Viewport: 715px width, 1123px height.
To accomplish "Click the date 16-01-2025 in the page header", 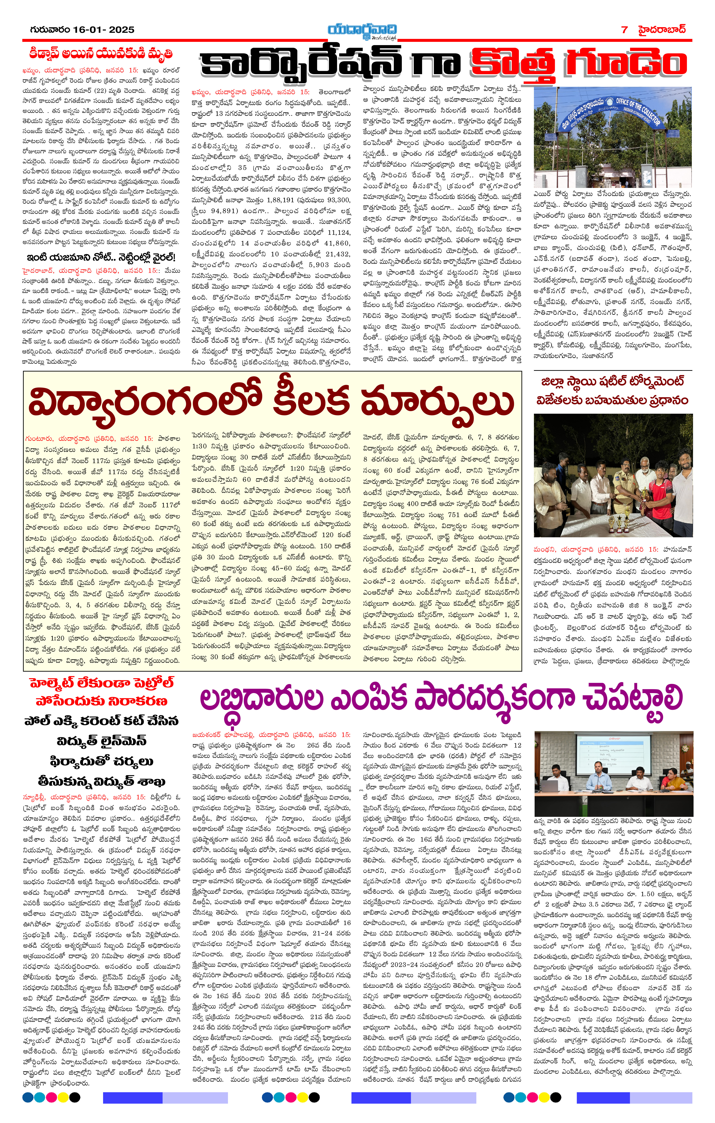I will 104,30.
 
